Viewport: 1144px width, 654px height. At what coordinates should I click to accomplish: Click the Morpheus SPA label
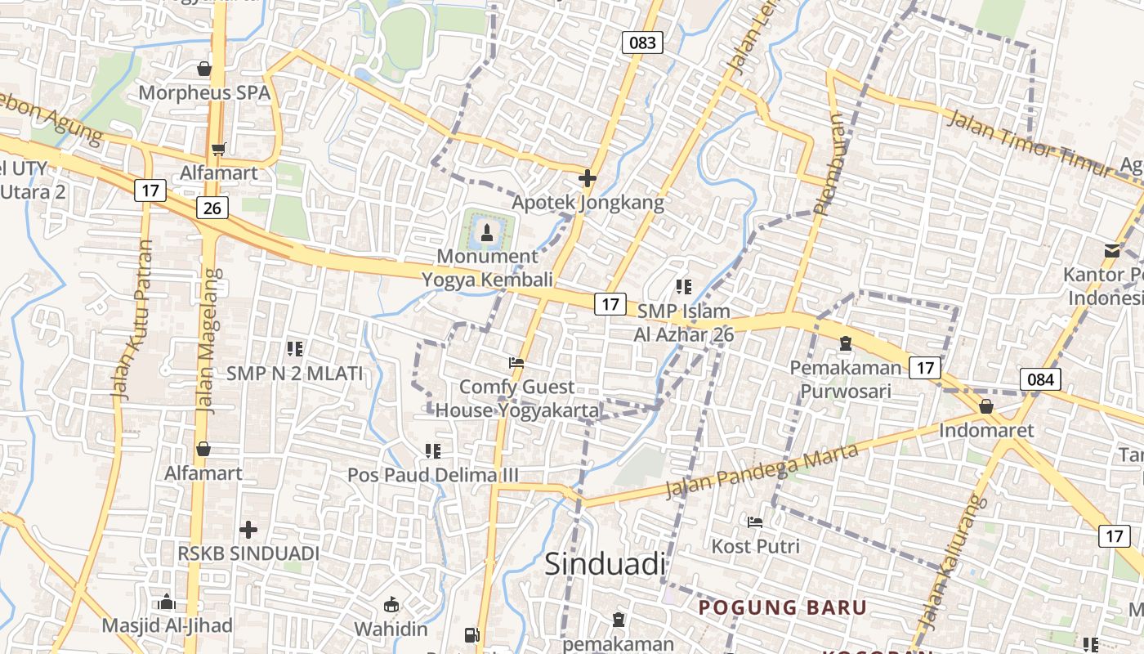coord(204,92)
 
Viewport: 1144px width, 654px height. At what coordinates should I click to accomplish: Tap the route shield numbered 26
coord(212,208)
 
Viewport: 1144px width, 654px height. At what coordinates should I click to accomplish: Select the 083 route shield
coord(642,43)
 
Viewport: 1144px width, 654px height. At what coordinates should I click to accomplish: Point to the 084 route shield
coord(1040,379)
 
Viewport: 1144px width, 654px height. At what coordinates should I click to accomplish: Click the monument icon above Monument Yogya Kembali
coord(488,233)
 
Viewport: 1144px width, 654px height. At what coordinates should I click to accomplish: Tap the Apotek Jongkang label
coord(588,202)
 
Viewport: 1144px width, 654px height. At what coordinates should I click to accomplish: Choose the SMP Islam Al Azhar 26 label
coord(684,323)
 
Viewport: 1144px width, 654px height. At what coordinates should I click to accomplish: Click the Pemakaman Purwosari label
coord(845,379)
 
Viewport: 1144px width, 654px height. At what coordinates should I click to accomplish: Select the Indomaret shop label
coord(986,430)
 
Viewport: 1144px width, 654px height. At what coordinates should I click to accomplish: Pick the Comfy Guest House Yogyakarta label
coord(517,398)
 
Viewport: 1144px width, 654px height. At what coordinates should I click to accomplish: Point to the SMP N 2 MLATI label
coord(294,374)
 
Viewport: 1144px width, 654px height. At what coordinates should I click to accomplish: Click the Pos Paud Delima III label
coord(433,475)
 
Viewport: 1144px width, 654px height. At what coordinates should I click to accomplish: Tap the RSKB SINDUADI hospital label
coord(248,553)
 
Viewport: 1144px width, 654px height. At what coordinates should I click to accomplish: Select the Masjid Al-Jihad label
coord(167,625)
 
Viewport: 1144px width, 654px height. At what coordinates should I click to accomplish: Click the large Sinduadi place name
coord(605,564)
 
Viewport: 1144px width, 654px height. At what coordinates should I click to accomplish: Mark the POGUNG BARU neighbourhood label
coord(782,607)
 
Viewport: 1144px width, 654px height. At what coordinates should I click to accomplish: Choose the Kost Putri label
coord(756,545)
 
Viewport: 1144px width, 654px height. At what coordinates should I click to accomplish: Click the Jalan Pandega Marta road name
coord(762,472)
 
